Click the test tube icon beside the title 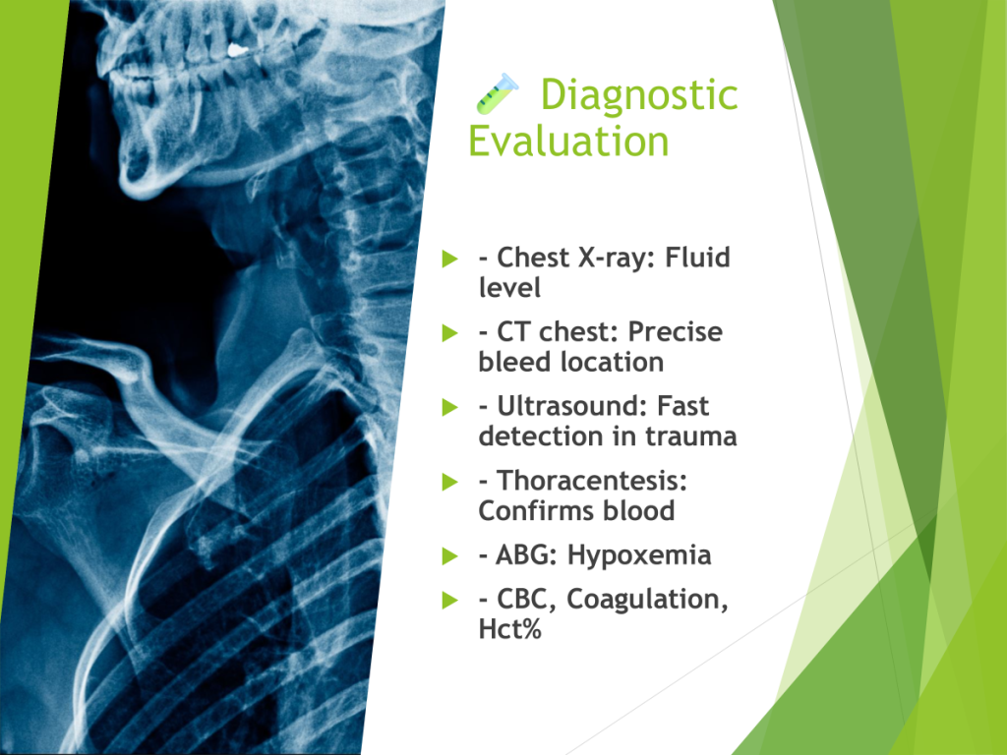pos(497,93)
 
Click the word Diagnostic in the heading pos(639,95)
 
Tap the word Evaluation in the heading pos(568,141)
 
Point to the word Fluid pos(697,257)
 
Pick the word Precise pos(675,332)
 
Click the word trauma pos(691,436)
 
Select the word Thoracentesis pos(591,480)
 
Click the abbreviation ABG pos(525,555)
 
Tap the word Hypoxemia pos(639,556)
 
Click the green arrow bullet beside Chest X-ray pos(450,259)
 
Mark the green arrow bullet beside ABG pos(450,556)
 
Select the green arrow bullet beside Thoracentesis pos(450,482)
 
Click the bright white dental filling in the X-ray pos(237,49)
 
